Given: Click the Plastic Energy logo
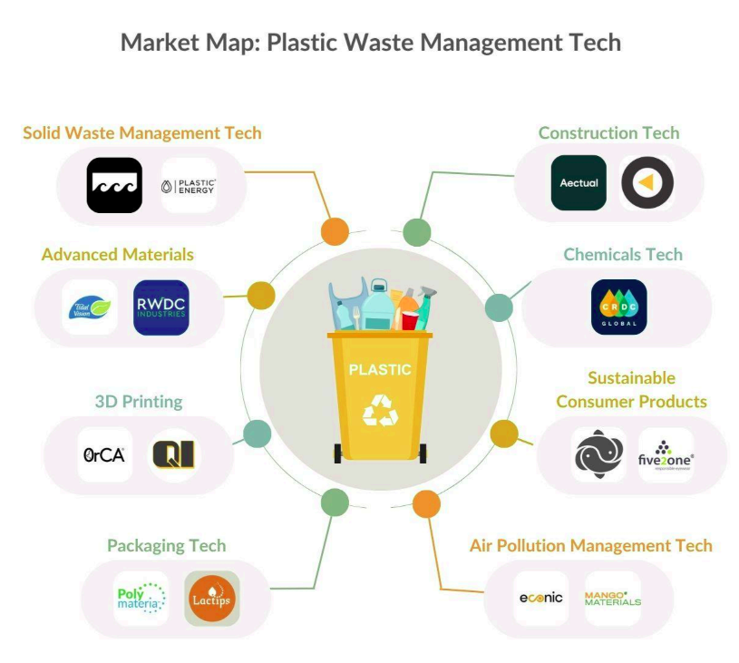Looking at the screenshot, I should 189,186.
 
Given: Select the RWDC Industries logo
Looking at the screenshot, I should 160,307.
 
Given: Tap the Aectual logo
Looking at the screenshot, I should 579,183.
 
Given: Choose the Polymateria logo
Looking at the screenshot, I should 141,599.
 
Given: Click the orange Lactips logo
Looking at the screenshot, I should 212,599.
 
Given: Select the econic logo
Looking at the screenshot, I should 541,598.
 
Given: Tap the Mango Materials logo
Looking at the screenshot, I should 612,599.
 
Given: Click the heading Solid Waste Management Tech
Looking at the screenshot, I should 142,133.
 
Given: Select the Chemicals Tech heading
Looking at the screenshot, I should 623,255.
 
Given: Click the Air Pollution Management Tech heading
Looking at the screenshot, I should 590,546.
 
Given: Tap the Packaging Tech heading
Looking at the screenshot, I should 166,546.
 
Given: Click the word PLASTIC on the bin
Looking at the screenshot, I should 380,370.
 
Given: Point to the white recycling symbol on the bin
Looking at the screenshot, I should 380,410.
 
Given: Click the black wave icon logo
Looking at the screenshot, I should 114,185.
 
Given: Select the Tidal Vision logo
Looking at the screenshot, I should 90,307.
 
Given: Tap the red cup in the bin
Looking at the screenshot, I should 409,320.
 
